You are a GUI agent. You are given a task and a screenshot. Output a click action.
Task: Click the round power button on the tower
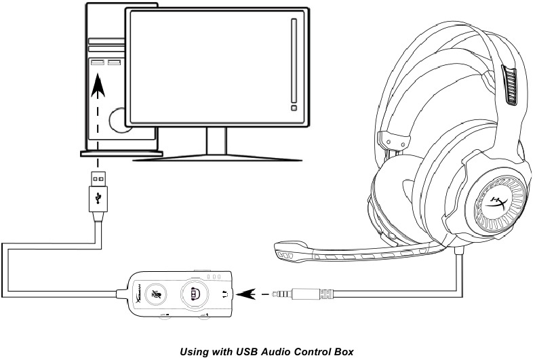(x=118, y=121)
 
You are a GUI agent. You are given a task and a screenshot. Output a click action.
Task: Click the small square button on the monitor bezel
(x=293, y=106)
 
